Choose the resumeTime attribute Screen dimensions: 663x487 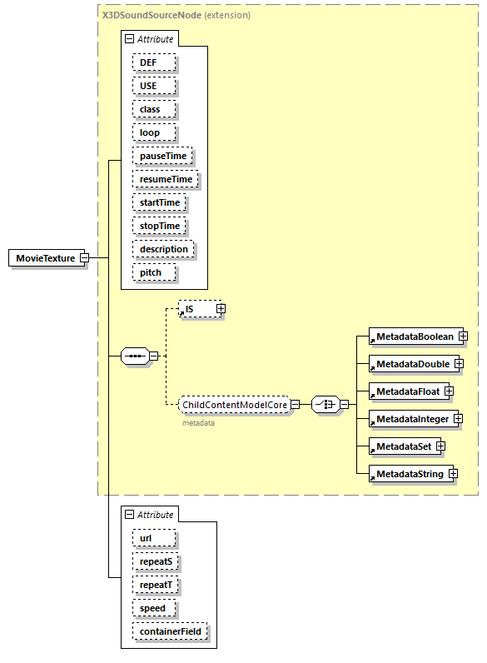[x=166, y=179]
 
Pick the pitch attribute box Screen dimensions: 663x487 [x=151, y=272]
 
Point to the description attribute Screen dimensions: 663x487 [x=163, y=249]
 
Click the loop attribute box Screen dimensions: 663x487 [x=149, y=132]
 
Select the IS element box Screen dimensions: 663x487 [x=196, y=309]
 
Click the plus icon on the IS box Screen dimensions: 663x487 [x=221, y=309]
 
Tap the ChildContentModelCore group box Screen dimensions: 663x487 [x=235, y=405]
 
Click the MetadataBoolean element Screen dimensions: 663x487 [x=413, y=336]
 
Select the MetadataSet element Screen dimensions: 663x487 [x=402, y=446]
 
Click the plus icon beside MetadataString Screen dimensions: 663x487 [x=453, y=474]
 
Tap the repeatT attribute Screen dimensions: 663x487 [x=156, y=585]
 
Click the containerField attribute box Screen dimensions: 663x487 [x=171, y=632]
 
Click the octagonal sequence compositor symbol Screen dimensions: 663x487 [x=134, y=356]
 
